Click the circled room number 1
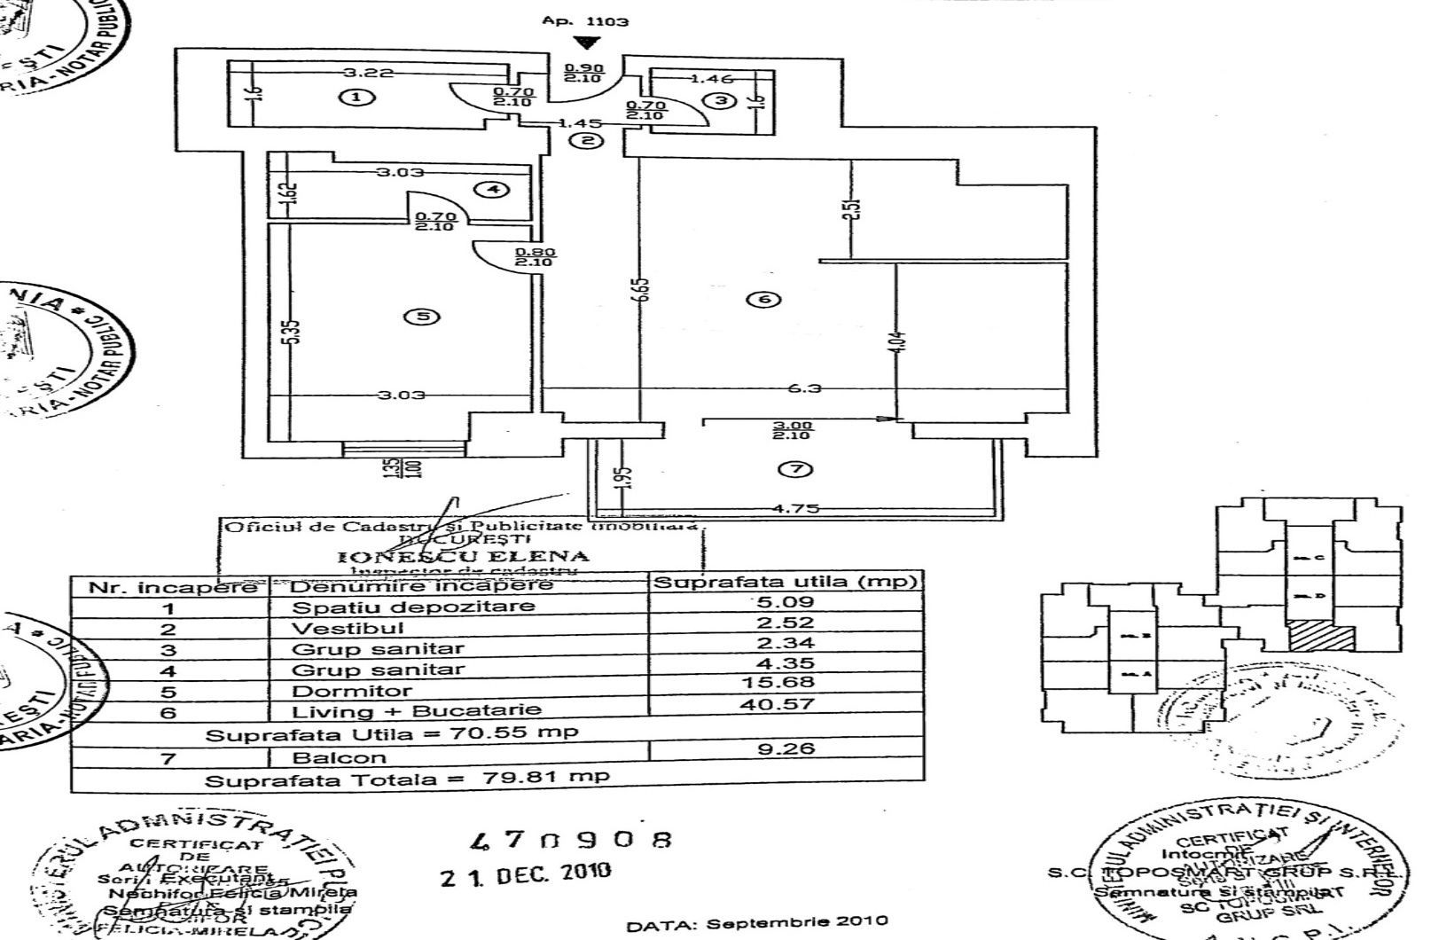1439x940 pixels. coord(356,98)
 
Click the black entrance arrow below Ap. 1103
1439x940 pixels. coord(584,42)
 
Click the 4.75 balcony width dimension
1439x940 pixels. coord(796,509)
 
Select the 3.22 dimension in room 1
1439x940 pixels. coord(368,73)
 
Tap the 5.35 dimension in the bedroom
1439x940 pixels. coord(296,331)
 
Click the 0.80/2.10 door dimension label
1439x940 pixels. coord(533,257)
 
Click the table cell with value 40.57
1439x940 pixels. coord(786,703)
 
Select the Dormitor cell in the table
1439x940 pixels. coord(352,691)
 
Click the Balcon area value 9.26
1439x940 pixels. coord(786,748)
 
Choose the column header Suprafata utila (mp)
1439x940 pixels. coord(786,583)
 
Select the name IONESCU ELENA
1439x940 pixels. coord(464,556)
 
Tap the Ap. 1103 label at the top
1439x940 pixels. coord(585,20)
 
